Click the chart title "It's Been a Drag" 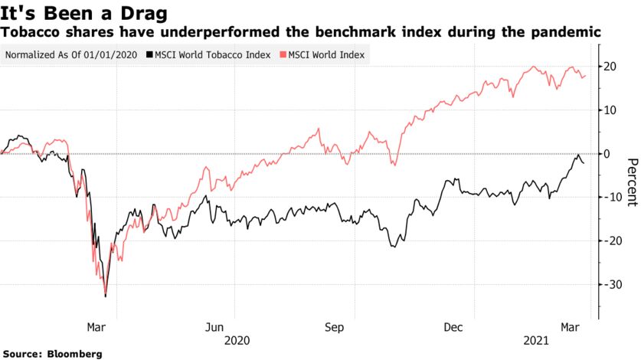(84, 12)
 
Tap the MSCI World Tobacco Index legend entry (208, 56)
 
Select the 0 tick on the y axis (610, 154)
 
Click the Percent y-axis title (632, 182)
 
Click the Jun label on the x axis (215, 327)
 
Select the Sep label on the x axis (335, 327)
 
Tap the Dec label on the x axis (453, 327)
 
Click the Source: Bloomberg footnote (51, 354)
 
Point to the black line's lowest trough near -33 (105, 296)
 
